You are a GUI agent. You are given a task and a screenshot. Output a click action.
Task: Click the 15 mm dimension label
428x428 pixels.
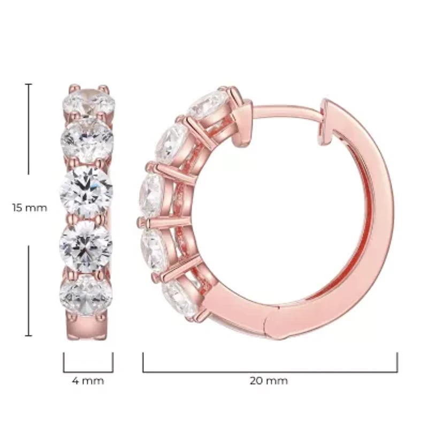[x=29, y=208]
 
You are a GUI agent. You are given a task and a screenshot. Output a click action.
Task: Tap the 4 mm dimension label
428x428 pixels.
[x=88, y=381]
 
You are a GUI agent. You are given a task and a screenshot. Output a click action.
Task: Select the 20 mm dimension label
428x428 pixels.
[x=269, y=381]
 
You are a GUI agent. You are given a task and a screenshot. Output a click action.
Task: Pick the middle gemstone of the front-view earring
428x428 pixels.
[x=86, y=192]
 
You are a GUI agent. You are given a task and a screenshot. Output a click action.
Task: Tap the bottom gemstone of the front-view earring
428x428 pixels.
[x=86, y=296]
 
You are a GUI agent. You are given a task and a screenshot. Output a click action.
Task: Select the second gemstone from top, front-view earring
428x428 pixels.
[x=87, y=140]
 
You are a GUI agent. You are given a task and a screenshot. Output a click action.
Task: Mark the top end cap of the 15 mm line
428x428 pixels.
[x=29, y=84]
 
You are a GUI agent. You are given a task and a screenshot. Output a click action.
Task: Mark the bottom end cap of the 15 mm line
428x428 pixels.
[x=29, y=335]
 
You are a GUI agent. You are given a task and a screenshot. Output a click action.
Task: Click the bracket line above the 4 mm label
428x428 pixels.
[x=88, y=371]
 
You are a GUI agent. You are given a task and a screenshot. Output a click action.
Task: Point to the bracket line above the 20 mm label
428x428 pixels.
[x=270, y=371]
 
